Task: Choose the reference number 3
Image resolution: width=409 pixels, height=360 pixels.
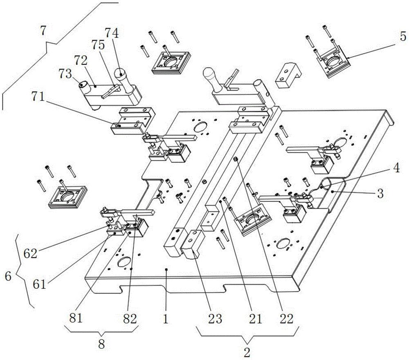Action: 380,194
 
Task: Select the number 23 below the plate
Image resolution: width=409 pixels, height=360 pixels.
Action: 218,318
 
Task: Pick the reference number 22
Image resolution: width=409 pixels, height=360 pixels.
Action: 289,318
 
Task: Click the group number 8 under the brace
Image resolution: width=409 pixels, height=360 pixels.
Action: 101,344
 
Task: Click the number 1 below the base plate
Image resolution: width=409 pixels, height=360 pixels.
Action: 165,318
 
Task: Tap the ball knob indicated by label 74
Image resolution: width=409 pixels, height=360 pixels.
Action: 121,75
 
